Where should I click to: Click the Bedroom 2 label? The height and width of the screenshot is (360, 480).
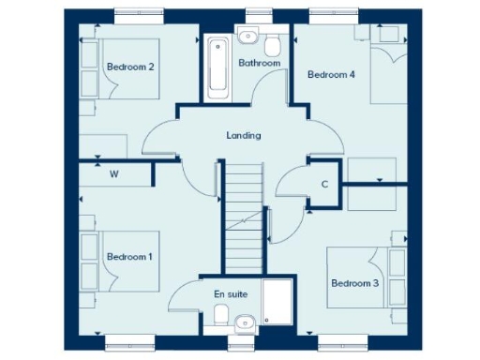[130, 67]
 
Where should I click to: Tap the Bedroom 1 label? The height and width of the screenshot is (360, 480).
[130, 256]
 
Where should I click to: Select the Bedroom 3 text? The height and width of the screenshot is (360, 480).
[354, 282]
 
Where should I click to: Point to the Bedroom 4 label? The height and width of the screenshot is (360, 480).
[331, 75]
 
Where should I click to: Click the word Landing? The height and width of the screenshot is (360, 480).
[244, 135]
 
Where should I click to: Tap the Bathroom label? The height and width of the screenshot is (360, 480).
[259, 64]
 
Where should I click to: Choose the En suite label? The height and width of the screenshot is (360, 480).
[231, 294]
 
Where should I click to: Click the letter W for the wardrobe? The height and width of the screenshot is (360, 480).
[114, 174]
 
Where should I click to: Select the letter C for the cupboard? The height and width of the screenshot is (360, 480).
[324, 184]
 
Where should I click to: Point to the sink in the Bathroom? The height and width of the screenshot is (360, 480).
[247, 37]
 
